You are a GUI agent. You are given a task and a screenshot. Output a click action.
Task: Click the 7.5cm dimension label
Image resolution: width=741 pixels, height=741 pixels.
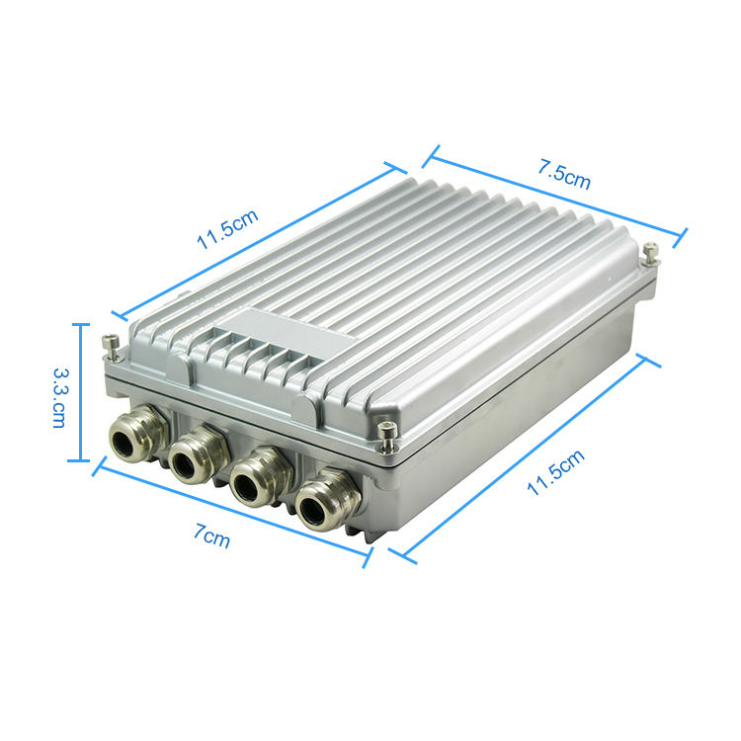tap(564, 175)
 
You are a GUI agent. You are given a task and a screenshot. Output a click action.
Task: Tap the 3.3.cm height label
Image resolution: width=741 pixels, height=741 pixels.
tap(59, 398)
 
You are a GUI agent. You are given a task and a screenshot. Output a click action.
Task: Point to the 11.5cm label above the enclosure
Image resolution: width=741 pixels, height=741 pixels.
tap(227, 229)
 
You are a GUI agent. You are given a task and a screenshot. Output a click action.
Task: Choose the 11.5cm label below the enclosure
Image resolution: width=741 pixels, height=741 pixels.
tap(555, 472)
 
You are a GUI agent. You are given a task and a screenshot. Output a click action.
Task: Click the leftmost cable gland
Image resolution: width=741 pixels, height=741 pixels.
tap(137, 433)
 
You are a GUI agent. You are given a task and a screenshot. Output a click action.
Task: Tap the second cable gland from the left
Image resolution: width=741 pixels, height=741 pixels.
tap(197, 454)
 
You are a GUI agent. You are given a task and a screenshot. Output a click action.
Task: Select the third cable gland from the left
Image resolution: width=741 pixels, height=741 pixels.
tap(260, 477)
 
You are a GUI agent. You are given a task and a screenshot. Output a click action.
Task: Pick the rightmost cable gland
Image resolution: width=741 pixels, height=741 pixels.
tap(327, 501)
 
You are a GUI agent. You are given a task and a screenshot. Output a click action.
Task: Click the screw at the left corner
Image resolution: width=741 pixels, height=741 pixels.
tap(111, 348)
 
